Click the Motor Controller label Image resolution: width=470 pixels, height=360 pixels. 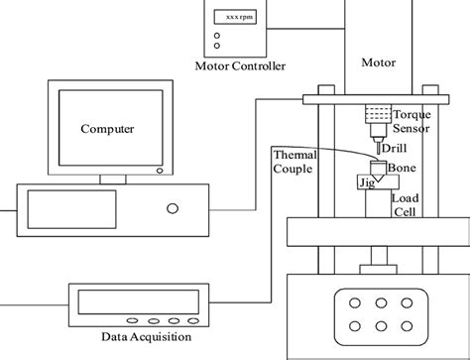(x=241, y=66)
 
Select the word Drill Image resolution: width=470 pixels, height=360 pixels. (x=394, y=149)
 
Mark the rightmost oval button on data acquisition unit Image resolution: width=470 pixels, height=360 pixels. (x=185, y=320)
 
